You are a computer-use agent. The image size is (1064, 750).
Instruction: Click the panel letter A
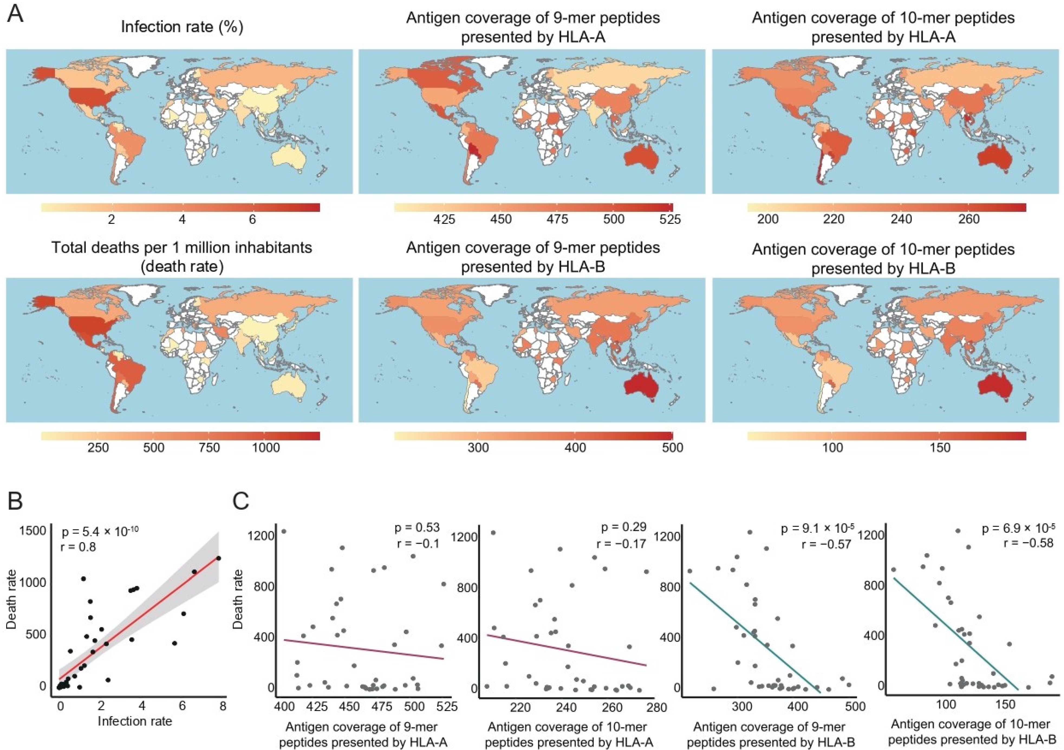tap(15, 14)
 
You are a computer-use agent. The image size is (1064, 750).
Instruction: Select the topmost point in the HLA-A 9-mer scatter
tap(284, 531)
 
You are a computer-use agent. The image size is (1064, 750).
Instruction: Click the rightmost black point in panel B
tap(219, 558)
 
